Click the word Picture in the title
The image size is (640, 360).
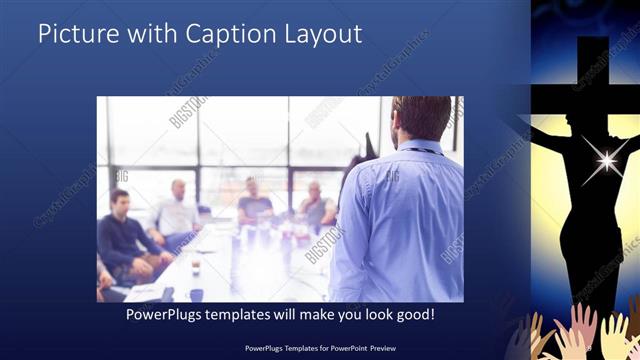[x=74, y=34]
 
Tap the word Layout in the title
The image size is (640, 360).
[x=322, y=34]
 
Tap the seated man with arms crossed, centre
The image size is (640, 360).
[x=254, y=204]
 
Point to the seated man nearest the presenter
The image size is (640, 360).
[x=316, y=206]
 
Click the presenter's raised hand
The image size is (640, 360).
[x=368, y=146]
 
